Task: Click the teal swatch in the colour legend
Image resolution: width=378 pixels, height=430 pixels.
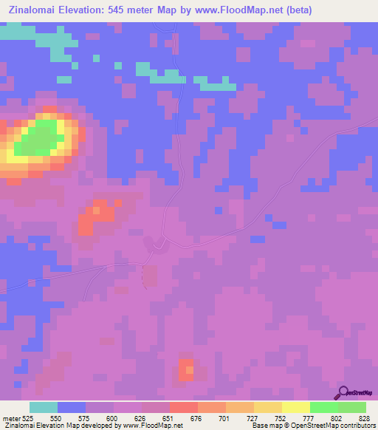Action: point(44,407)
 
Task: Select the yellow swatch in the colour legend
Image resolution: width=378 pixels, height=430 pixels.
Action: point(295,407)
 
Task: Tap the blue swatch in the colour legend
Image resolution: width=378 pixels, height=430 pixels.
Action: point(72,407)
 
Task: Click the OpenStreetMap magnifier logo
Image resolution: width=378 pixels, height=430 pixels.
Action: point(342,392)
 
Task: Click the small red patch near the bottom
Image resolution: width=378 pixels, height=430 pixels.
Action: point(185,369)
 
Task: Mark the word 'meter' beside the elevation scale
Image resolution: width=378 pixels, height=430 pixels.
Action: point(12,419)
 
